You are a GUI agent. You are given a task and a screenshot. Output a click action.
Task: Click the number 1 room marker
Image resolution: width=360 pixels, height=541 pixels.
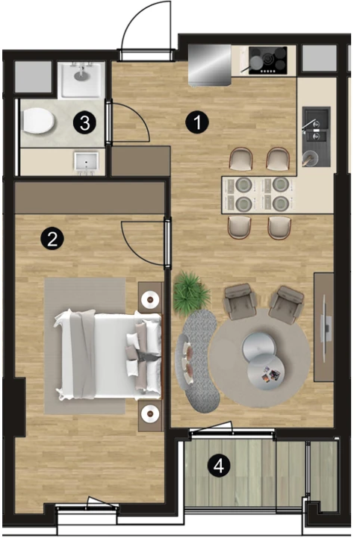tap(197, 122)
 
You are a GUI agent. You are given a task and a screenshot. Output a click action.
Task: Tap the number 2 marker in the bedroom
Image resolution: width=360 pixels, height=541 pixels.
tap(52, 238)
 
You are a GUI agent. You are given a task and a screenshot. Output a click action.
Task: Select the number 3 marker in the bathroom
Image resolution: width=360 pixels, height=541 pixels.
tap(84, 122)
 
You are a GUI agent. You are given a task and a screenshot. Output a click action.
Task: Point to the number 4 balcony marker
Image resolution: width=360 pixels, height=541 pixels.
tap(218, 466)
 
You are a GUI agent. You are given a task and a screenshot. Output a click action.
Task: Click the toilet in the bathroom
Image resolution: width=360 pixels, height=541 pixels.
tap(37, 121)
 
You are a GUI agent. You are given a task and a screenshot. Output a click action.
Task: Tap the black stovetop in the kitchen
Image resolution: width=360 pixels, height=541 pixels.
tap(267, 60)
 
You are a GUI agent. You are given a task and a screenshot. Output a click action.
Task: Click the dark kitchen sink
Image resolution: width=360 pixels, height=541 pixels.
tap(316, 137)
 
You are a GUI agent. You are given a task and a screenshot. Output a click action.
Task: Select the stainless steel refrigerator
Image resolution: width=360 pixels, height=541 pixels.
tap(210, 64)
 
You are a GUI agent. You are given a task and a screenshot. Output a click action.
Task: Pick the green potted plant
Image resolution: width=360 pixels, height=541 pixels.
tap(190, 293)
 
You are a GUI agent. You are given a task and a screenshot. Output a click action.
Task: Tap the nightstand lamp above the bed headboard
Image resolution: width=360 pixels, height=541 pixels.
tap(150, 298)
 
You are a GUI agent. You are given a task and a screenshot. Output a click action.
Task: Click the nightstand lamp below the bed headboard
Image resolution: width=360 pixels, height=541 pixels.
tap(150, 413)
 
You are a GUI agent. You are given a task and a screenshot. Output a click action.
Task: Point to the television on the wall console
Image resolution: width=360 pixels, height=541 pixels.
tap(325, 328)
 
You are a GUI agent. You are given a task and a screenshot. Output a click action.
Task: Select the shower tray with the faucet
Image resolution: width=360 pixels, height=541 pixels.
tap(81, 80)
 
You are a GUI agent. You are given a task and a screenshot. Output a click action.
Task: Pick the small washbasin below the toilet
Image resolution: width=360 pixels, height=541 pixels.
tap(86, 162)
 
